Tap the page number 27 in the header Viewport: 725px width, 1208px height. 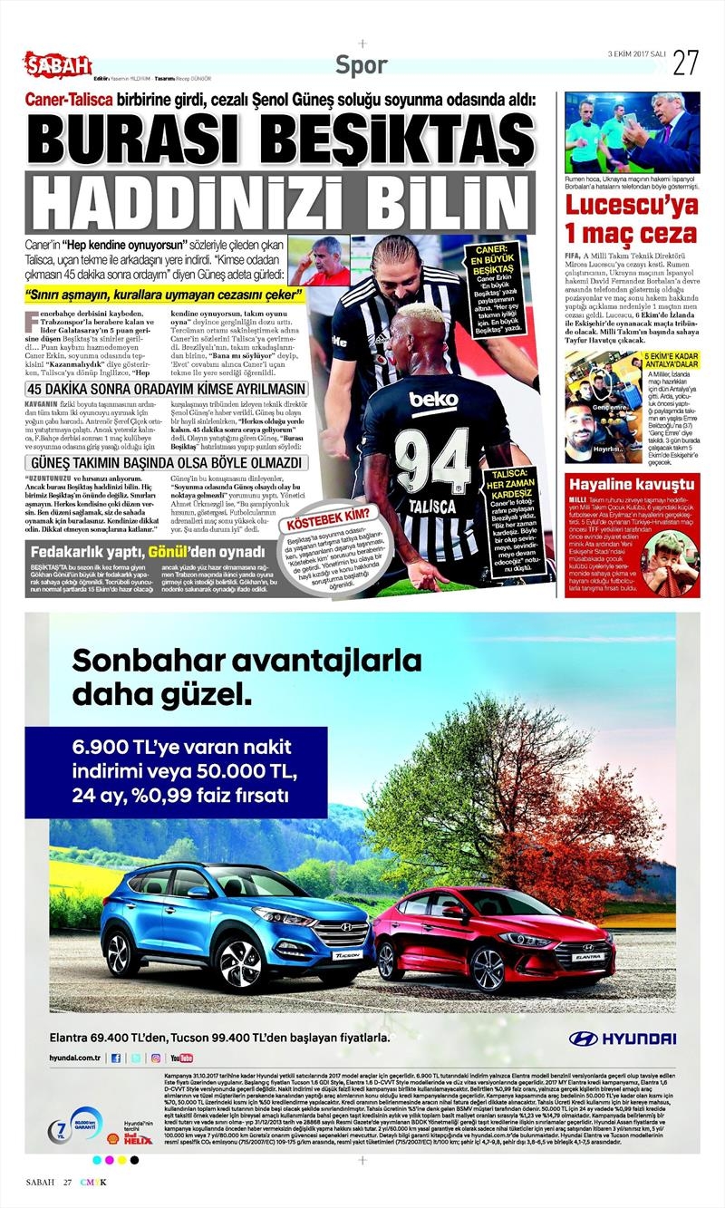point(685,62)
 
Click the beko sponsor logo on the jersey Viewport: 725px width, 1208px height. point(433,399)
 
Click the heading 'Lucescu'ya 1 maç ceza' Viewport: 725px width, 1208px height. point(632,217)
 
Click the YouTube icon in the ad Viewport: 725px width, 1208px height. point(180,1058)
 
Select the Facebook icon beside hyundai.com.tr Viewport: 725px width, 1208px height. point(115,1058)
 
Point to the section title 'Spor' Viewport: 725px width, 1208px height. point(361,65)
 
